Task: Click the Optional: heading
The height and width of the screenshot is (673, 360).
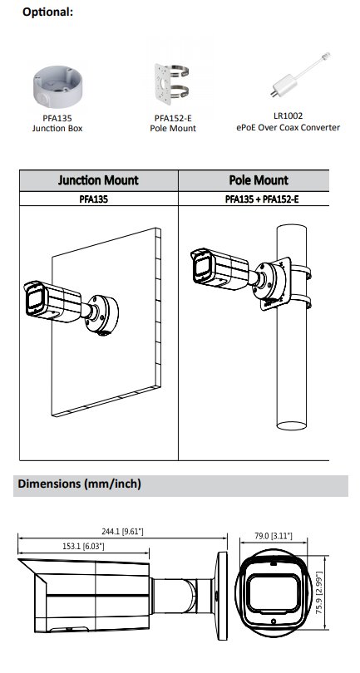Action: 47,12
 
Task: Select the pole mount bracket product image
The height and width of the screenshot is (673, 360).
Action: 173,85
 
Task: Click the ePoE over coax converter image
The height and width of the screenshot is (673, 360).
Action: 300,74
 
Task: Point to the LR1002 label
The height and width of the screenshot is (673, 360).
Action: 288,115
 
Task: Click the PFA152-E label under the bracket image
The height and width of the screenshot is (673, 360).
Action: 173,118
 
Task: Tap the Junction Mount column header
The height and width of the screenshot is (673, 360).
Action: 98,179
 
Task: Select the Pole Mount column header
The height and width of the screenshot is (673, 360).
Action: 259,180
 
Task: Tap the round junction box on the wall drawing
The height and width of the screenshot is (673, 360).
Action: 102,315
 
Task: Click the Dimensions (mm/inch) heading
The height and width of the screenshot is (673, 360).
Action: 80,484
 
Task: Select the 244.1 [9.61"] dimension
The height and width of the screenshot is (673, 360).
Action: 122,532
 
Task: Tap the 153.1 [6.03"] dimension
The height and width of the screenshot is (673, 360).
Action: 83,546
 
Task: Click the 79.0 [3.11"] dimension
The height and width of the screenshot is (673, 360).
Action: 274,535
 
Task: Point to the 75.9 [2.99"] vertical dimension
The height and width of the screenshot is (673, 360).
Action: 319,592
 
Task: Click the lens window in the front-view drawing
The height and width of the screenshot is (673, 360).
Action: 274,593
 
